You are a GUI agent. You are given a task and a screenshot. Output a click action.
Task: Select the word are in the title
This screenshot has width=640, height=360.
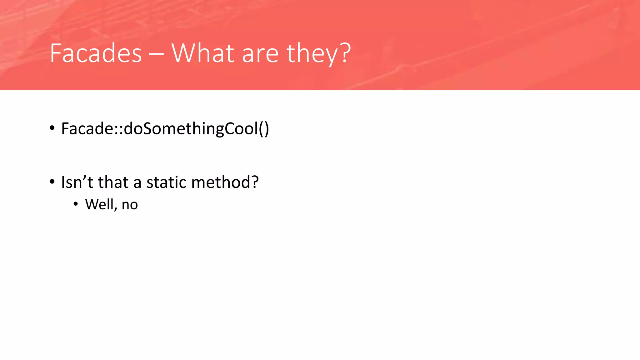click(260, 54)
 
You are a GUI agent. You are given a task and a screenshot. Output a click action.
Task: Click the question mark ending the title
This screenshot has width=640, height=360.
click(345, 52)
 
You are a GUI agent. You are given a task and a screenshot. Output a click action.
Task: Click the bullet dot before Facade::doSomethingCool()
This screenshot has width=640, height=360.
click(52, 128)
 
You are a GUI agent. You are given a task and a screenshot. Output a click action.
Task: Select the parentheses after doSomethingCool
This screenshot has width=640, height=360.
click(264, 129)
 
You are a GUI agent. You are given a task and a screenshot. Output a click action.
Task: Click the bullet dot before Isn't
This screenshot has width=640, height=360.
click(52, 182)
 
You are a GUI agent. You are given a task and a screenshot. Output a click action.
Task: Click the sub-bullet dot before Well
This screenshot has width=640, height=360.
click(76, 204)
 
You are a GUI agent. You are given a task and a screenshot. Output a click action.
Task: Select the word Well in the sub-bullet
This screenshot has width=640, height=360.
click(99, 204)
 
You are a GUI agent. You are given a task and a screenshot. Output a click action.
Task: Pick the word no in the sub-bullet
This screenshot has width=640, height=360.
click(130, 205)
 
